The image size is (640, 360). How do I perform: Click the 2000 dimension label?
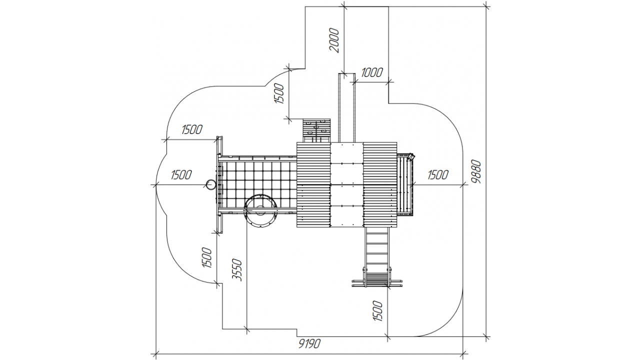[334, 40]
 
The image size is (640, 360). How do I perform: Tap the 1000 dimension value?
[371, 72]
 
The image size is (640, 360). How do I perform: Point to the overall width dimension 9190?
[309, 343]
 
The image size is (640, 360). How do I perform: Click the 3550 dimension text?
[237, 270]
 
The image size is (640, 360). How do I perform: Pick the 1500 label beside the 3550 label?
[207, 257]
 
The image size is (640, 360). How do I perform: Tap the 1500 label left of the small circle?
[181, 175]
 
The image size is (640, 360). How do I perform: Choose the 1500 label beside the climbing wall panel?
[279, 93]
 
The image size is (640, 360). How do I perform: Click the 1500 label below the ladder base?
[377, 311]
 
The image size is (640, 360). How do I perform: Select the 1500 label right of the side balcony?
[438, 175]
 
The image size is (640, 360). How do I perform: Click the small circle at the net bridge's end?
[211, 184]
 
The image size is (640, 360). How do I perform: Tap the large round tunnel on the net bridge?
[260, 211]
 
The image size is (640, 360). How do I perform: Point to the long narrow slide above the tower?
[347, 107]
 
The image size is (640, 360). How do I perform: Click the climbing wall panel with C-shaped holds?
[316, 130]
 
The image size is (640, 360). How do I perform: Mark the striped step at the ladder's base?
[377, 278]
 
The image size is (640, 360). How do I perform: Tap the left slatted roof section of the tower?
[313, 184]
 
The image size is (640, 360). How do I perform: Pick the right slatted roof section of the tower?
[380, 184]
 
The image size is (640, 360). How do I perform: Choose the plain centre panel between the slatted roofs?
[347, 184]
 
